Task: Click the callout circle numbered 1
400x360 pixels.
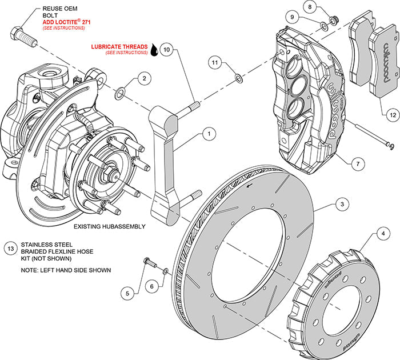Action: pos(209,134)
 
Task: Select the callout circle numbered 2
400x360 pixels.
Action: pos(145,78)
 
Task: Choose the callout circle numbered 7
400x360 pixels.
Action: pos(356,163)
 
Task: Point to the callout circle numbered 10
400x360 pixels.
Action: pos(166,50)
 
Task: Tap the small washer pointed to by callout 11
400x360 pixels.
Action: pos(238,78)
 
